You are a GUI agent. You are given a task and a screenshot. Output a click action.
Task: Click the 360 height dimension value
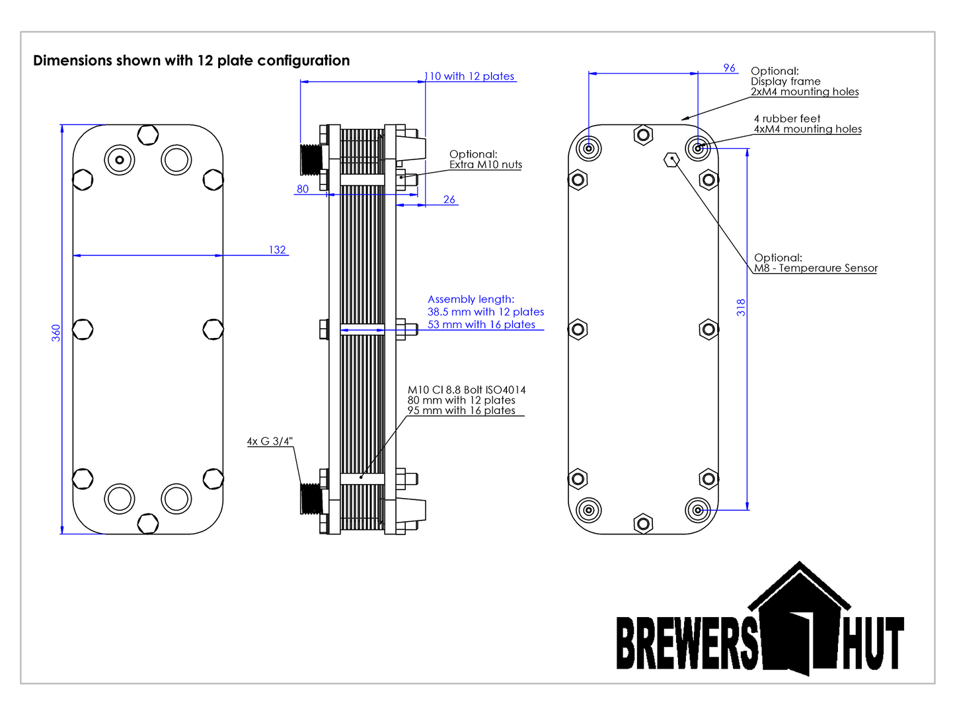click(56, 333)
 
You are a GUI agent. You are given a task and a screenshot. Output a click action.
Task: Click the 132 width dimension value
click(277, 250)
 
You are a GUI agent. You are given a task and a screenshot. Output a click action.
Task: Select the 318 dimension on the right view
click(741, 308)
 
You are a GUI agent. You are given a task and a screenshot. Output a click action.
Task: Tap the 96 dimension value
click(729, 68)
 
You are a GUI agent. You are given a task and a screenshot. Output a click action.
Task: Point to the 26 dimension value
click(449, 200)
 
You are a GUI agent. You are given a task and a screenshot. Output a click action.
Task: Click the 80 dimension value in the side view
click(303, 189)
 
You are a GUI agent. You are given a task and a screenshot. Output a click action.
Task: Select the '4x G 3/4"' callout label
click(270, 441)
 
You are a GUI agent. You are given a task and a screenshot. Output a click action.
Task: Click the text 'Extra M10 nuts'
click(486, 165)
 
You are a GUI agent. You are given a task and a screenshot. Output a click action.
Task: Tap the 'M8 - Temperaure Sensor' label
click(816, 268)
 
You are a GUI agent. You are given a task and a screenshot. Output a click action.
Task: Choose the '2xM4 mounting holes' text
click(804, 92)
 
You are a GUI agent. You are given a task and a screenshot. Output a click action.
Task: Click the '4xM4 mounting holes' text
click(808, 129)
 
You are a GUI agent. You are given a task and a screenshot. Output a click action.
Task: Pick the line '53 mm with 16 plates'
click(481, 324)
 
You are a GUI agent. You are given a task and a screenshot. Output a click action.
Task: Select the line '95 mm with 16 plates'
click(461, 410)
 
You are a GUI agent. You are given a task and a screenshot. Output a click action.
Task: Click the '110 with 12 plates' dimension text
click(471, 76)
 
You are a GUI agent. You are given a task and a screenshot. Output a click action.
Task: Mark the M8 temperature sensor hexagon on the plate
click(671, 159)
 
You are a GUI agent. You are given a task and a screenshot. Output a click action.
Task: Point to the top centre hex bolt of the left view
click(148, 135)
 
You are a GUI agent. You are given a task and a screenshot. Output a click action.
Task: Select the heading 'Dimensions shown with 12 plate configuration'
click(192, 61)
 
